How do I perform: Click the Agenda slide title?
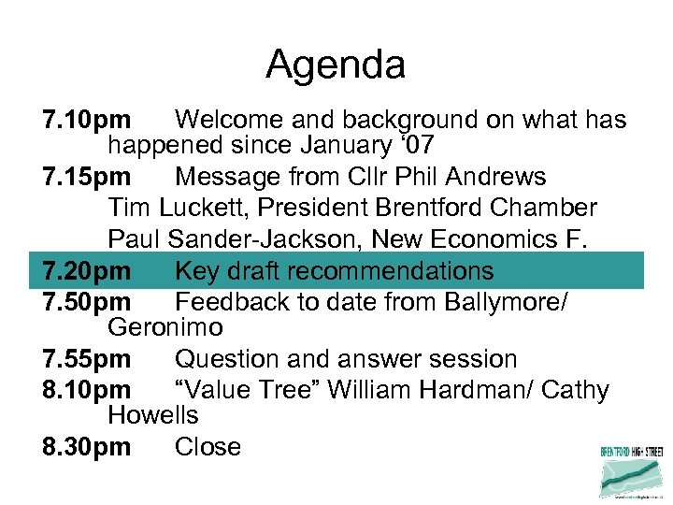(336, 65)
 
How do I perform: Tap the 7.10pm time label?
(87, 121)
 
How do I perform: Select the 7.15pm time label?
(87, 177)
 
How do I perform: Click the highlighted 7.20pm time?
(87, 271)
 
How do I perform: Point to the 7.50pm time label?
(87, 303)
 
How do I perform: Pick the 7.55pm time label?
(87, 359)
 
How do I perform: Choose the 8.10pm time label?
(87, 390)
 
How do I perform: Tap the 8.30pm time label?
(87, 447)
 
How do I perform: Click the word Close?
(208, 447)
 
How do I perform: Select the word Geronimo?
(165, 327)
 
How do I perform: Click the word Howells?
(153, 414)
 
